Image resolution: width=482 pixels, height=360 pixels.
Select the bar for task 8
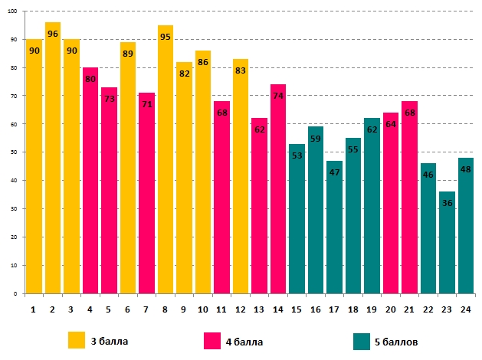166,161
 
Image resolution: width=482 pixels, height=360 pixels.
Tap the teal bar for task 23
448,245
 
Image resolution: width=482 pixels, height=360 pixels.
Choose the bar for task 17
334,230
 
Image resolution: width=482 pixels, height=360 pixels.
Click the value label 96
53,34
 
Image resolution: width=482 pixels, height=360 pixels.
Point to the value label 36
448,203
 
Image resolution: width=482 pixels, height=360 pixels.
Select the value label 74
278,97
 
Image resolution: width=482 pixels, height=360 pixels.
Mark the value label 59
316,139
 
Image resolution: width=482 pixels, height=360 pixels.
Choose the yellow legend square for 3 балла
77,340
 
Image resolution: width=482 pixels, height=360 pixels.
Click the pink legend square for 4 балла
212,340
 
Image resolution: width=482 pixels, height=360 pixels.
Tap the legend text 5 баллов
397,341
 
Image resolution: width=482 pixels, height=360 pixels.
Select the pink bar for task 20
391,207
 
